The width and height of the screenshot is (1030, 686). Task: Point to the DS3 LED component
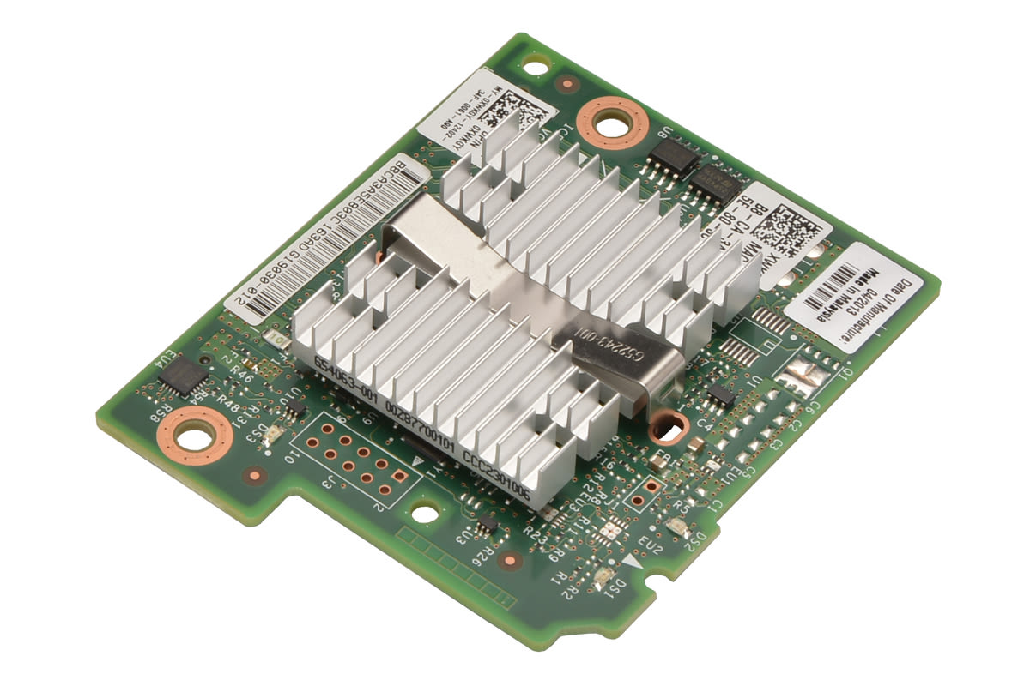tap(269, 436)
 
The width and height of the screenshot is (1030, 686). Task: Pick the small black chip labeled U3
tap(486, 521)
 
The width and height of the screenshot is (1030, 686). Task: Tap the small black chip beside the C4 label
tap(722, 395)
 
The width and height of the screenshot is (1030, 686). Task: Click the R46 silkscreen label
tap(241, 374)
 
